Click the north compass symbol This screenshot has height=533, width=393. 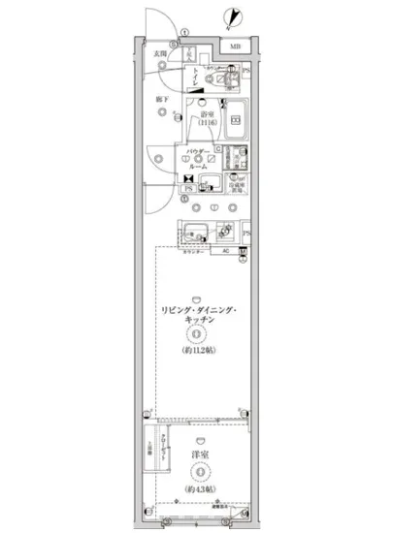tap(230, 16)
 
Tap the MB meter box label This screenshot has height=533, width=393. tap(236, 47)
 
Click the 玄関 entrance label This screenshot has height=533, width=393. tap(158, 54)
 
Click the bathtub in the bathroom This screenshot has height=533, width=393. tap(235, 120)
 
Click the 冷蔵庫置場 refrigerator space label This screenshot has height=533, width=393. tap(237, 184)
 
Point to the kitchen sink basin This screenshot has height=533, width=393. tap(194, 233)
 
